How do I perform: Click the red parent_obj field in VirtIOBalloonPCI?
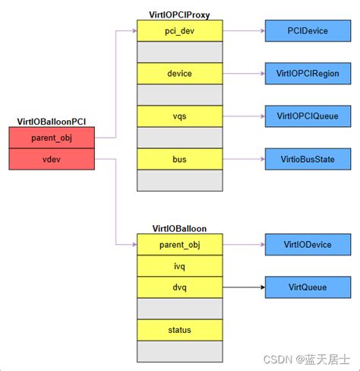[52, 138]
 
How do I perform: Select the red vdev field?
[52, 159]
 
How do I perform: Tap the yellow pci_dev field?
[179, 30]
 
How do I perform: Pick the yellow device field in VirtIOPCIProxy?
[179, 73]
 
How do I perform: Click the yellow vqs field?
[179, 116]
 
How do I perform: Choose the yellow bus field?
[179, 159]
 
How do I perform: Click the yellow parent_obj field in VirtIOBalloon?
[179, 244]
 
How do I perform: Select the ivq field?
[179, 266]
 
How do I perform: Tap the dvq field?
[179, 287]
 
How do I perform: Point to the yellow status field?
[179, 330]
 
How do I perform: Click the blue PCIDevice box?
[307, 30]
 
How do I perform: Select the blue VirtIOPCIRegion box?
[307, 73]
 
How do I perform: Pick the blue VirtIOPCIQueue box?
[307, 116]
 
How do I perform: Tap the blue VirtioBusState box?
[307, 159]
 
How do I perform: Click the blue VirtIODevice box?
[307, 244]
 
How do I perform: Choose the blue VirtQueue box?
[307, 287]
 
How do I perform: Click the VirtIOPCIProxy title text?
[179, 14]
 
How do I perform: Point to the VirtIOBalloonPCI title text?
[52, 122]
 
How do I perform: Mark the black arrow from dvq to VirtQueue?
[243, 287]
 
